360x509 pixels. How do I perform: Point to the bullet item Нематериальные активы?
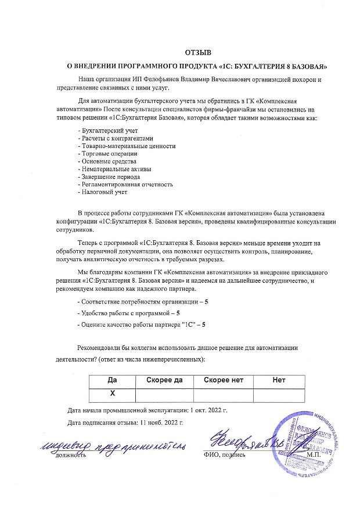click(111, 169)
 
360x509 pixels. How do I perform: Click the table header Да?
click(113, 380)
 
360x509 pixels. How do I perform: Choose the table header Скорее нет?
click(224, 380)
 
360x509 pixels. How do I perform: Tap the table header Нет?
click(279, 380)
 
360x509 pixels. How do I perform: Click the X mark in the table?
click(113, 394)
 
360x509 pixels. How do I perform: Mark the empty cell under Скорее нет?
click(224, 394)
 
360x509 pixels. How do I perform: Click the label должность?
click(71, 455)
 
